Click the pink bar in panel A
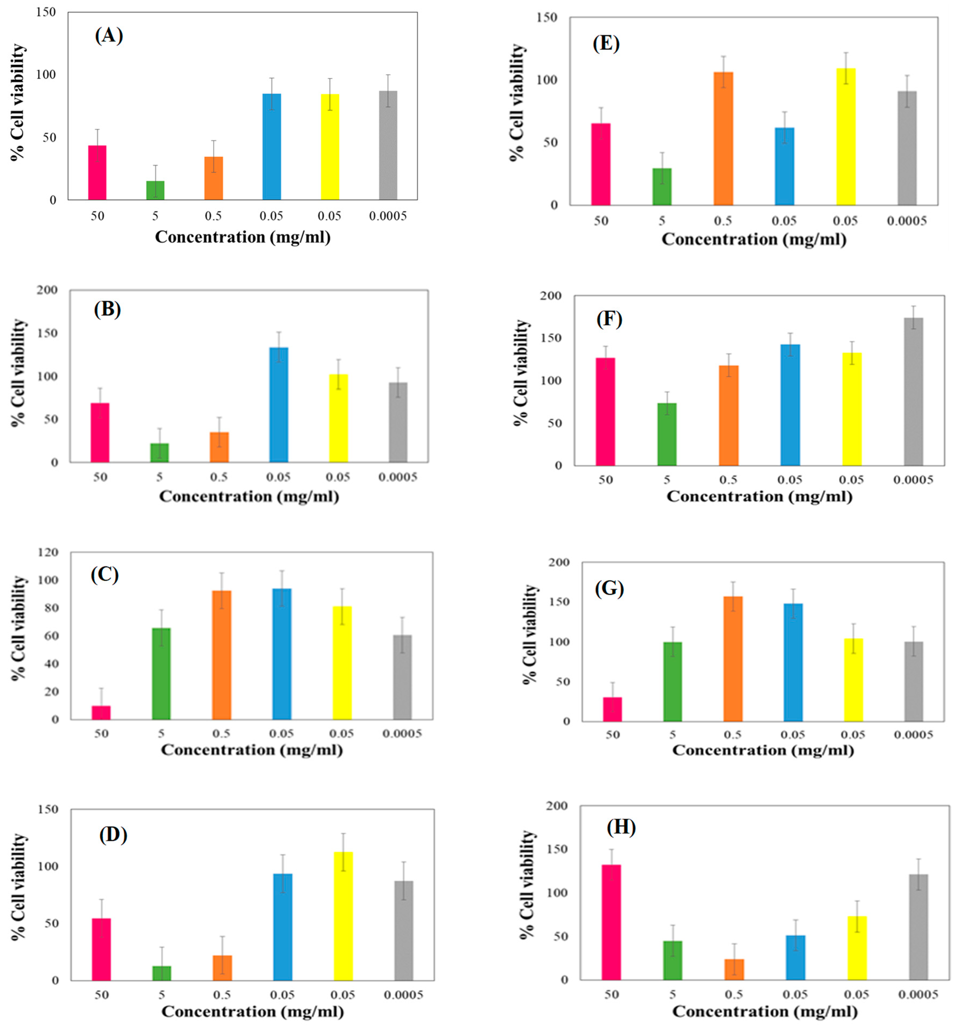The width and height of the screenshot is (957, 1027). pyautogui.click(x=97, y=173)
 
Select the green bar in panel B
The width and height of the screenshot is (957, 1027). pyautogui.click(x=159, y=452)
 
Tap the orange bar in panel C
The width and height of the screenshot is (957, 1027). pyautogui.click(x=221, y=655)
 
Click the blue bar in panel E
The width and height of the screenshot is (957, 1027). pyautogui.click(x=784, y=166)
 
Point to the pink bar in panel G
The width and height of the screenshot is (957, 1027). pyautogui.click(x=613, y=709)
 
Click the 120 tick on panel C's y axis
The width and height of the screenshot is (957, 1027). pyautogui.click(x=48, y=552)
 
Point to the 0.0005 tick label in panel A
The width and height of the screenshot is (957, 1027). pyautogui.click(x=388, y=216)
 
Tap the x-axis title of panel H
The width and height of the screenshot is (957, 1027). pyautogui.click(x=765, y=1011)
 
